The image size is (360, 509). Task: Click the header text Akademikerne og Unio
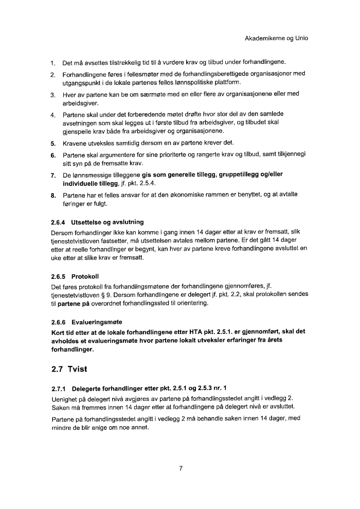[x=276, y=38]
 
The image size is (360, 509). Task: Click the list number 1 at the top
[x=53, y=63]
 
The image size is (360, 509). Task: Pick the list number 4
[x=53, y=114]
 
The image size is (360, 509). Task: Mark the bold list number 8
[x=53, y=196]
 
